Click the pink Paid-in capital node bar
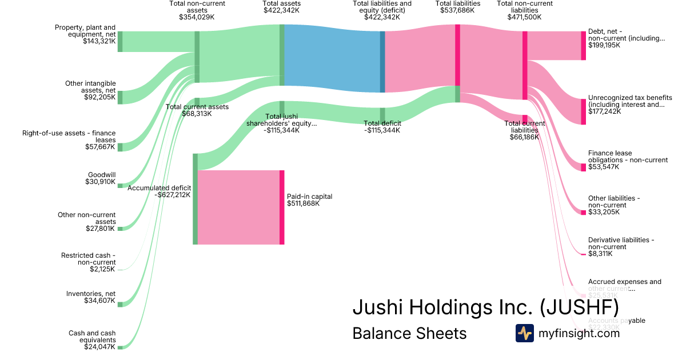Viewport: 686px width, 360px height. pos(282,207)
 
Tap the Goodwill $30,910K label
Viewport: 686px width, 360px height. pos(101,178)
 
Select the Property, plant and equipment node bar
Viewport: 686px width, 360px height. pos(120,42)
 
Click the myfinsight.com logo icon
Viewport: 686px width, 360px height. pos(524,333)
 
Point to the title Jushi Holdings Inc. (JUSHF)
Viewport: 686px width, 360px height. pos(485,307)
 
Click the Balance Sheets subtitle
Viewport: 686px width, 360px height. pos(409,333)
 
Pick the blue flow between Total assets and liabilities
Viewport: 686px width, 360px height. pos(332,57)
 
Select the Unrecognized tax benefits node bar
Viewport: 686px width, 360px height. pos(583,111)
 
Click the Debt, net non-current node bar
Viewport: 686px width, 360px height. pos(583,46)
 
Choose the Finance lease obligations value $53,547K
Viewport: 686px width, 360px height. pos(604,167)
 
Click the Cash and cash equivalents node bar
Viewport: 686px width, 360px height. pos(120,347)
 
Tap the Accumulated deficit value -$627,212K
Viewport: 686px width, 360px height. pos(172,195)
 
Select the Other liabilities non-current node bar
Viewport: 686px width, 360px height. pos(583,213)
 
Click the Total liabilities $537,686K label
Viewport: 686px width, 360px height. pos(457,7)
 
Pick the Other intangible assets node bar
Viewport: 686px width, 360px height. pos(120,97)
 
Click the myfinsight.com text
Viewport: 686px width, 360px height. pos(579,333)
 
